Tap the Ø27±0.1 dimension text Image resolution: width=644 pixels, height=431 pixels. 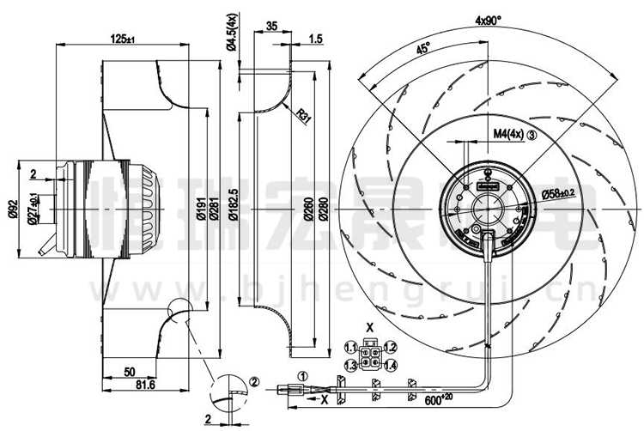[x=33, y=209]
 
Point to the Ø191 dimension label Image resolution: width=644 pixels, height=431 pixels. [x=199, y=211]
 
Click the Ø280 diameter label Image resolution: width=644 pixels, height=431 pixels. [x=324, y=211]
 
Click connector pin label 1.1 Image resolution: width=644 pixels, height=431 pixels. [x=350, y=348]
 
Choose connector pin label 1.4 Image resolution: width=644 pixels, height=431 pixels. [x=390, y=367]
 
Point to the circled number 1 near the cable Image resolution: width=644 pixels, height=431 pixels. [x=301, y=375]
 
